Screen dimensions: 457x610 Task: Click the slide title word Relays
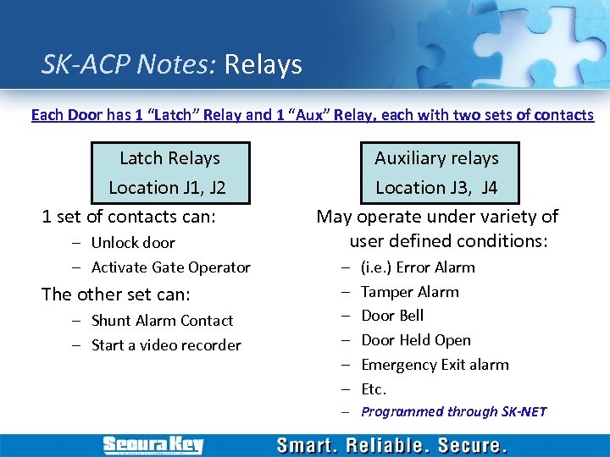[263, 64]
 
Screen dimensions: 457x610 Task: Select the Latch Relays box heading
[169, 158]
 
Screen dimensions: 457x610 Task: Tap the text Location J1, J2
[167, 187]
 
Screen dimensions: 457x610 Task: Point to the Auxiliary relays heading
[436, 158]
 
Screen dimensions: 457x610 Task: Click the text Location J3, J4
[436, 187]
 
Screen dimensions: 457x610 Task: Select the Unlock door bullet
[133, 243]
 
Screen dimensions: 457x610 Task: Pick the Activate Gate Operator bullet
[170, 267]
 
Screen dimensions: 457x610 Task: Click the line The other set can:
[116, 295]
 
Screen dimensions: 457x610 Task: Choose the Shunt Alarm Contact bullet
[162, 321]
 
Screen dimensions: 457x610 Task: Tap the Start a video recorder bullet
[166, 345]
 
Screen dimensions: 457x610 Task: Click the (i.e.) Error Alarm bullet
[418, 267]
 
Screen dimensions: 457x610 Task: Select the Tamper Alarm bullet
[409, 292]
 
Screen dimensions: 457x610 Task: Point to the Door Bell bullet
[392, 316]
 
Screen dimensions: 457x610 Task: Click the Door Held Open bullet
[415, 340]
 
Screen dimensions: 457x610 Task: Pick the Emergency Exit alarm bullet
[435, 365]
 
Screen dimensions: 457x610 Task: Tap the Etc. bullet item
[374, 389]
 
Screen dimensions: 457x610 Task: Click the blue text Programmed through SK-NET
[453, 412]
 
